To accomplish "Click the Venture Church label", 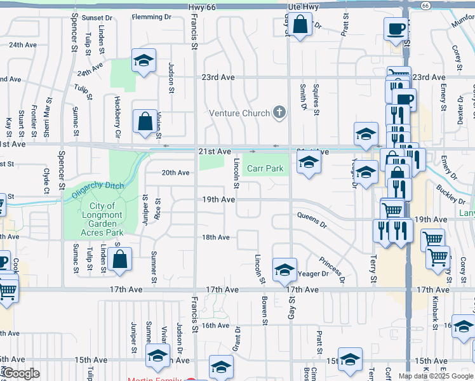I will click(239, 114).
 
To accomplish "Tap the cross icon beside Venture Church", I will click(278, 113).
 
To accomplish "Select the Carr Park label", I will click(265, 169).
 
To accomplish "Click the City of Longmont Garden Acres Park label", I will click(102, 219).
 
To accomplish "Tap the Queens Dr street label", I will click(312, 224).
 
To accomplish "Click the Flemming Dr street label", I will click(152, 17).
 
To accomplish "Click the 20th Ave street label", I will click(175, 173).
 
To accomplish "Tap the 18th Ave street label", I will click(215, 237).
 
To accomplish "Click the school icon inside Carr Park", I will click(309, 163).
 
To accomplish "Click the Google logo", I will click(21, 373).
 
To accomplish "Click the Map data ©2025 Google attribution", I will click(436, 376).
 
